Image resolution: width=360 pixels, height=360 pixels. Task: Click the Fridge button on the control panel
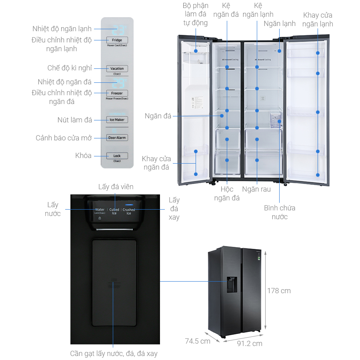coord(117,40)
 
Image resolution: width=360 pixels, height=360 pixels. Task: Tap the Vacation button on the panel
coord(117,68)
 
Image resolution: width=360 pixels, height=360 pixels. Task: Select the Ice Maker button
coord(117,120)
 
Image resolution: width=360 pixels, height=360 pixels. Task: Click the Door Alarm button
coord(117,138)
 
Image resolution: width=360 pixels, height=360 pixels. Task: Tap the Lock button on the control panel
coord(117,156)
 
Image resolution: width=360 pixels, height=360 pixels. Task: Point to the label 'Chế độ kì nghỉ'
coord(70,68)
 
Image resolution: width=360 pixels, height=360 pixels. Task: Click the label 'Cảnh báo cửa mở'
coord(64,138)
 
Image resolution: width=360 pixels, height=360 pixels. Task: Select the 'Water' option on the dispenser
coord(100,210)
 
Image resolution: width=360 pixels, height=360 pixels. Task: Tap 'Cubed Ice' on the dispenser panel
coord(114,211)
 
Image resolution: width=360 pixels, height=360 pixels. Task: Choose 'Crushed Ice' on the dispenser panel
coord(129,211)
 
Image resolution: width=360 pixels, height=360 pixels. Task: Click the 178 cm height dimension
coord(279,291)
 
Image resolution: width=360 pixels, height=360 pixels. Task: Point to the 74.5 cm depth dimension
coord(198,341)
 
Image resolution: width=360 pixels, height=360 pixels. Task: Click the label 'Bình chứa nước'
coord(280,212)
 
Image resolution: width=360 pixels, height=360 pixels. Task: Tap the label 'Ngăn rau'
coord(256,189)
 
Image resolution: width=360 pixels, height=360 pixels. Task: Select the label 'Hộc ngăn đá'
coord(227,193)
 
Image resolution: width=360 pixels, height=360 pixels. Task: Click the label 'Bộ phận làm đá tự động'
coord(196,14)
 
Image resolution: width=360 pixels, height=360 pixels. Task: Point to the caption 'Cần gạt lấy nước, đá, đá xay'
coord(114,354)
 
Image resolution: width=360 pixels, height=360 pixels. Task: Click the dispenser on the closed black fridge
coord(232,284)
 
